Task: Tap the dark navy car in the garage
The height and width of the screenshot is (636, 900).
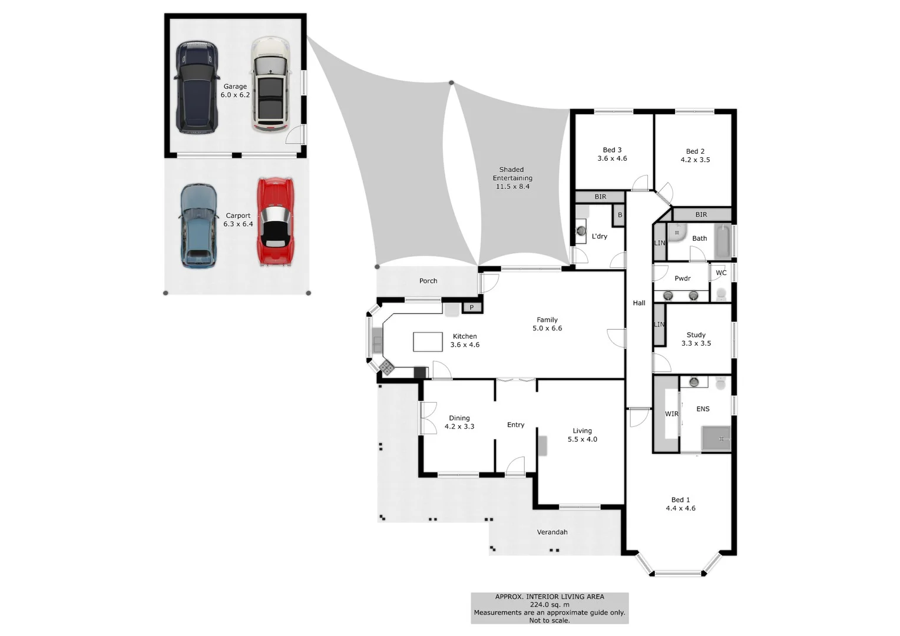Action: [197, 87]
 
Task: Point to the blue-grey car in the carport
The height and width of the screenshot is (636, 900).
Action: [198, 226]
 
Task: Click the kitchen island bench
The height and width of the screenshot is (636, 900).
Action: [428, 342]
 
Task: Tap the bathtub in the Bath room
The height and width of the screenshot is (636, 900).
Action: [722, 241]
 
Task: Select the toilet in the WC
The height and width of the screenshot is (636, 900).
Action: [720, 293]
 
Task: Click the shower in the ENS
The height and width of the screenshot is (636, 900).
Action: [716, 438]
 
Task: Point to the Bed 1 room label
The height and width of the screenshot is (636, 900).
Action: [680, 500]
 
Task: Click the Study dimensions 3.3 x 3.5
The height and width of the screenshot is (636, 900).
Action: [696, 343]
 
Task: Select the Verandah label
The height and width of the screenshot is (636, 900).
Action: [552, 532]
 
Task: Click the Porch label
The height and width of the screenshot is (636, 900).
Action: [428, 281]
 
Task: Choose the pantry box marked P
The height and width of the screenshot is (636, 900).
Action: [472, 307]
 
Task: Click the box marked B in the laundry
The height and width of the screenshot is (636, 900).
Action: [619, 216]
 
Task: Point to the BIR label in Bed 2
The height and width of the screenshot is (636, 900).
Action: [701, 214]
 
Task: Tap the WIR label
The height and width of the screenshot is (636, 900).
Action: [671, 414]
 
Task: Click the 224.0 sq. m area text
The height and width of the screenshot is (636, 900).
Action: [550, 605]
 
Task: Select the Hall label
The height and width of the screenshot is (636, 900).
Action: [639, 303]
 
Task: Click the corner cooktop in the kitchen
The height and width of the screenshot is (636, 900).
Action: [386, 367]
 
